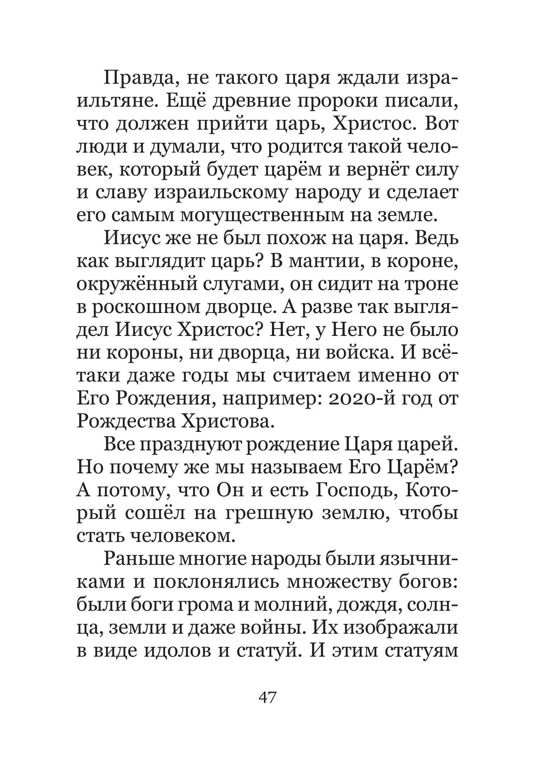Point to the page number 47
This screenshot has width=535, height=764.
coord(267,697)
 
